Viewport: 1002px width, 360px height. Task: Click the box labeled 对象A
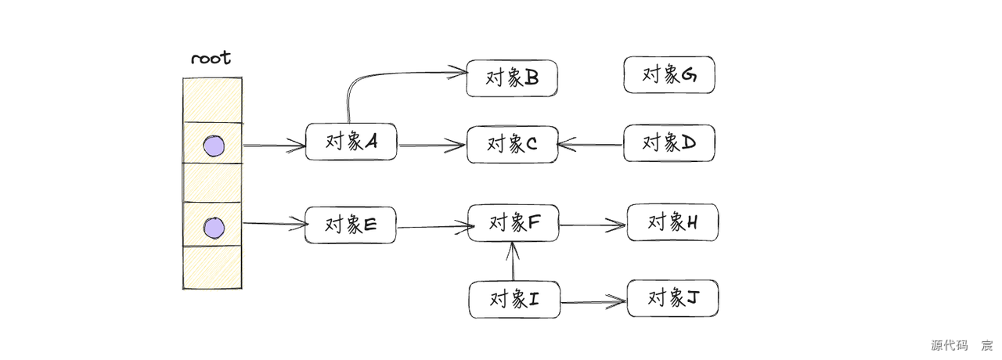(x=351, y=142)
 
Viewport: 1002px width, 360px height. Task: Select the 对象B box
(x=511, y=78)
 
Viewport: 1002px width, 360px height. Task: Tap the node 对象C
(x=512, y=144)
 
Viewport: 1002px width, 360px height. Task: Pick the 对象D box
(x=669, y=142)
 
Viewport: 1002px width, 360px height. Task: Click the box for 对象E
(x=350, y=225)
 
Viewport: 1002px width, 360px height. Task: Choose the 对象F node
(x=514, y=223)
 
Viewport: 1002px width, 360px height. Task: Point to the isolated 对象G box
(x=669, y=75)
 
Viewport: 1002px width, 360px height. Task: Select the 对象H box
(x=672, y=222)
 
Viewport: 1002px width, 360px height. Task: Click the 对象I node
(x=514, y=300)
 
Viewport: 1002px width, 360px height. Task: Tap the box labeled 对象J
(x=672, y=298)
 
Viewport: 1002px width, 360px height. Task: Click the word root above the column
(x=211, y=59)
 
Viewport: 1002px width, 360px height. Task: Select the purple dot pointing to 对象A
(x=213, y=146)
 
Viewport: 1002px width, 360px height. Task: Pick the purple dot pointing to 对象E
(x=213, y=228)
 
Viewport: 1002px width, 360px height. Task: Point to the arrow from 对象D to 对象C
(x=591, y=144)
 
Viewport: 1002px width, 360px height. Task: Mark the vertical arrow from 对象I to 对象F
(x=513, y=262)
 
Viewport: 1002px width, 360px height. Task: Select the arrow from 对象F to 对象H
(x=593, y=225)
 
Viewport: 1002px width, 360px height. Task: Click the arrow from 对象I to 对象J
(x=593, y=301)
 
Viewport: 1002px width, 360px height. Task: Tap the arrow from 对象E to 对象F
(x=432, y=228)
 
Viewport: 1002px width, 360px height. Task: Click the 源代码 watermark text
(x=949, y=346)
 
